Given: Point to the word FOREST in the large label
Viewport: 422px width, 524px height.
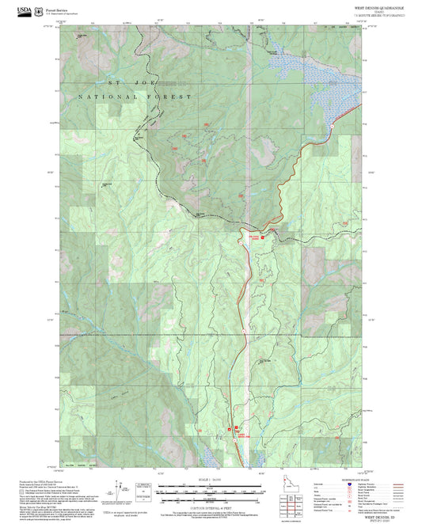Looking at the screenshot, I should point(174,97).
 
